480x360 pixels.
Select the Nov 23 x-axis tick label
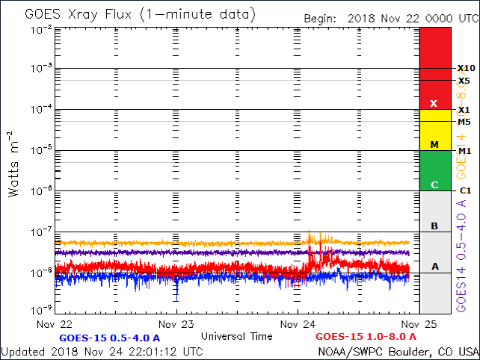[176, 325]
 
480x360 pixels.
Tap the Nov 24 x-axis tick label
[298, 325]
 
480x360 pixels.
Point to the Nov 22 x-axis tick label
[55, 325]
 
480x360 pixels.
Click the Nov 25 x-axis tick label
[419, 325]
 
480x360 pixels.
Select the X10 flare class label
[467, 68]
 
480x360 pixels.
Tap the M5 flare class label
[464, 122]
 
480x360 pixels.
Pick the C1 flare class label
[464, 191]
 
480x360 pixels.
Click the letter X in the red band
[434, 103]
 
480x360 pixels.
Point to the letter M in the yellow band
[434, 144]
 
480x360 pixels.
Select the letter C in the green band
[434, 184]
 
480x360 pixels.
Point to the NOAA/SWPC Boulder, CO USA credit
[398, 350]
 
